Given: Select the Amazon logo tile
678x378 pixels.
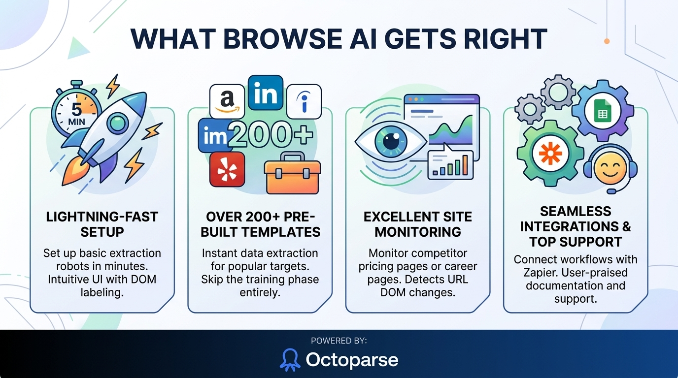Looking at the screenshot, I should click(x=227, y=100).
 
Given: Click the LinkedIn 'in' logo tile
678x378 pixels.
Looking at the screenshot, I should click(x=265, y=93).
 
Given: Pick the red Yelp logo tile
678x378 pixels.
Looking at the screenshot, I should click(x=227, y=169).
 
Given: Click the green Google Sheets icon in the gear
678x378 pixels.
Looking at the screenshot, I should click(x=602, y=113).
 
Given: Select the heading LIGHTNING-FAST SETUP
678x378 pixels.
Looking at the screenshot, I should click(x=102, y=224).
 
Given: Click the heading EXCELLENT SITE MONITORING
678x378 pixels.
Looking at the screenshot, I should click(x=417, y=224).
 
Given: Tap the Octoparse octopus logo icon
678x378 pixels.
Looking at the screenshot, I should click(x=290, y=359).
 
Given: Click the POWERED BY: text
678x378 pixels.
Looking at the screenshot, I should click(x=339, y=340).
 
